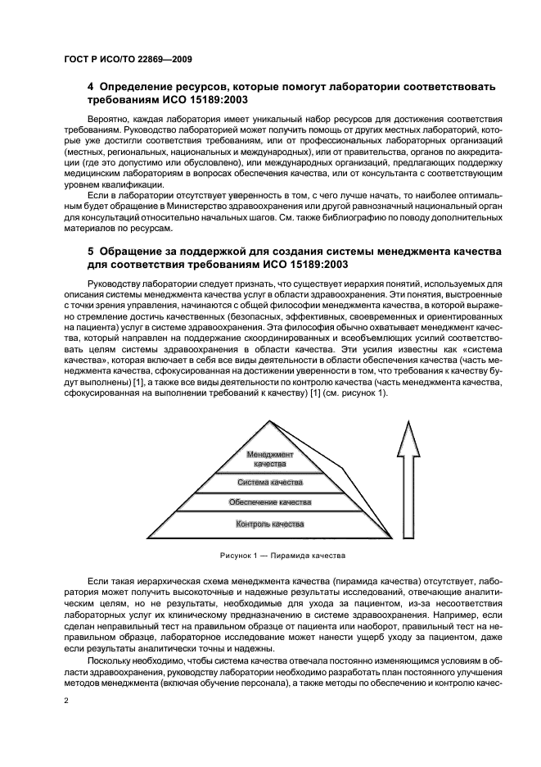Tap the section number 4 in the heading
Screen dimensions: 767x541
pos(91,87)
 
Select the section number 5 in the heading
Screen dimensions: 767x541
pos(91,250)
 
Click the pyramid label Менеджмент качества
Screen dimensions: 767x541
pos(270,458)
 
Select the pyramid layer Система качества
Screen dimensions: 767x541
pos(269,482)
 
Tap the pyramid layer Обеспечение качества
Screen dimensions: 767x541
pos(269,501)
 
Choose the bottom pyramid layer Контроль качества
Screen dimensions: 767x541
pos(269,523)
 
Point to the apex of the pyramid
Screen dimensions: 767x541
pos(269,422)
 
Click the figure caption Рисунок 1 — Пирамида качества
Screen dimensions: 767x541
pos(269,555)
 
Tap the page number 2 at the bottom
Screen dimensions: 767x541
pos(65,701)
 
